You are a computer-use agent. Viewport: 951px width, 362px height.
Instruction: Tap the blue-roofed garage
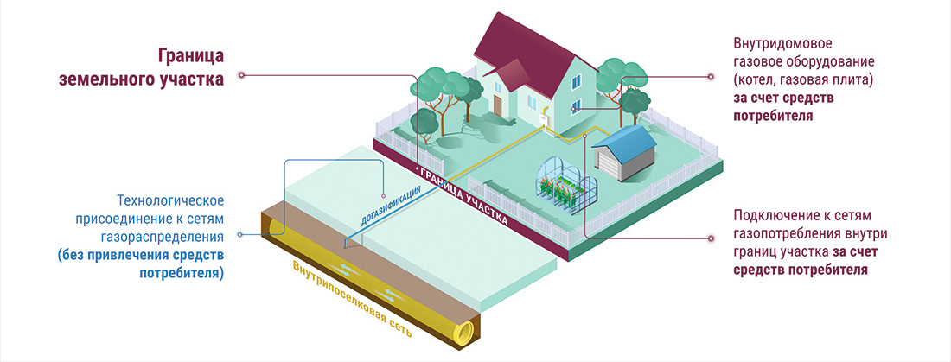(x=622, y=156)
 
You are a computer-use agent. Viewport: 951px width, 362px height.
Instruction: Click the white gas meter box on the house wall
(x=545, y=119)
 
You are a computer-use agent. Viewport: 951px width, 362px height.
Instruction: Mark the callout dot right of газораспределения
(x=241, y=234)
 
